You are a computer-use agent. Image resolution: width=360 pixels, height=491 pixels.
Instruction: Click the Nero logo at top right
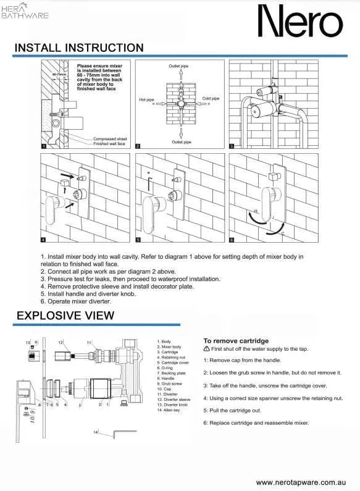click(x=299, y=22)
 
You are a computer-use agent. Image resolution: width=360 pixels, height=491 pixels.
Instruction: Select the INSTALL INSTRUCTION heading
click(x=79, y=48)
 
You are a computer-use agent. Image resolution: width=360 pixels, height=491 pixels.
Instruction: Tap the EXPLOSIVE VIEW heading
click(x=65, y=315)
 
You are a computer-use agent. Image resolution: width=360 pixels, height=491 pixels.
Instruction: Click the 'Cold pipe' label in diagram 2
click(x=211, y=98)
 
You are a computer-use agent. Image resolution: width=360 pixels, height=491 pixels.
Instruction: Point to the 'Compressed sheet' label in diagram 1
click(x=110, y=138)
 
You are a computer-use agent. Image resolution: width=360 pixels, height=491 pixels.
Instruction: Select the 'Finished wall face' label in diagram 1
click(x=111, y=143)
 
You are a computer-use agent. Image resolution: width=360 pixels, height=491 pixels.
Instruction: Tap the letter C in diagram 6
click(x=282, y=235)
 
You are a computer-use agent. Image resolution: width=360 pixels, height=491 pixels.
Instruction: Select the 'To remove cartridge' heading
click(x=236, y=340)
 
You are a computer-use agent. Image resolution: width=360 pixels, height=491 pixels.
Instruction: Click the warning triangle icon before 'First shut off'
click(x=207, y=349)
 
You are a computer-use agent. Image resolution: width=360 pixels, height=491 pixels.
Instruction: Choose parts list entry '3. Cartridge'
click(x=169, y=352)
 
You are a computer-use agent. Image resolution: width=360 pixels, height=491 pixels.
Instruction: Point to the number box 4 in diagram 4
click(x=43, y=240)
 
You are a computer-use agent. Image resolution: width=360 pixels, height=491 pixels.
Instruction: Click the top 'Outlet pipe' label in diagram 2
click(x=180, y=65)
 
